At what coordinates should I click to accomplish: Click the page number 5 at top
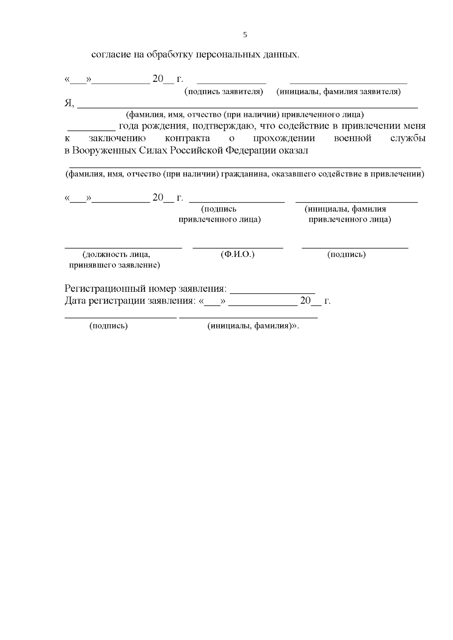click(x=245, y=35)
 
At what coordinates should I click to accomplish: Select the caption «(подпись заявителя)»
click(x=223, y=92)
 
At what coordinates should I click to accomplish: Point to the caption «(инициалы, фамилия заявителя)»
click(x=339, y=92)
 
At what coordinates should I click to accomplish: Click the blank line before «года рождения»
click(x=92, y=129)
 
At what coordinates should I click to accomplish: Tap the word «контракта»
click(x=188, y=138)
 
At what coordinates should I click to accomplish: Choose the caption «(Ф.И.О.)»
click(x=237, y=255)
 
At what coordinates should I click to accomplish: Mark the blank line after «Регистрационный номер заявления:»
click(x=273, y=293)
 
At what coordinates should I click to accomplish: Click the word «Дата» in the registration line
click(x=75, y=301)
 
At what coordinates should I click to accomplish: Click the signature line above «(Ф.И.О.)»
click(x=238, y=248)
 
